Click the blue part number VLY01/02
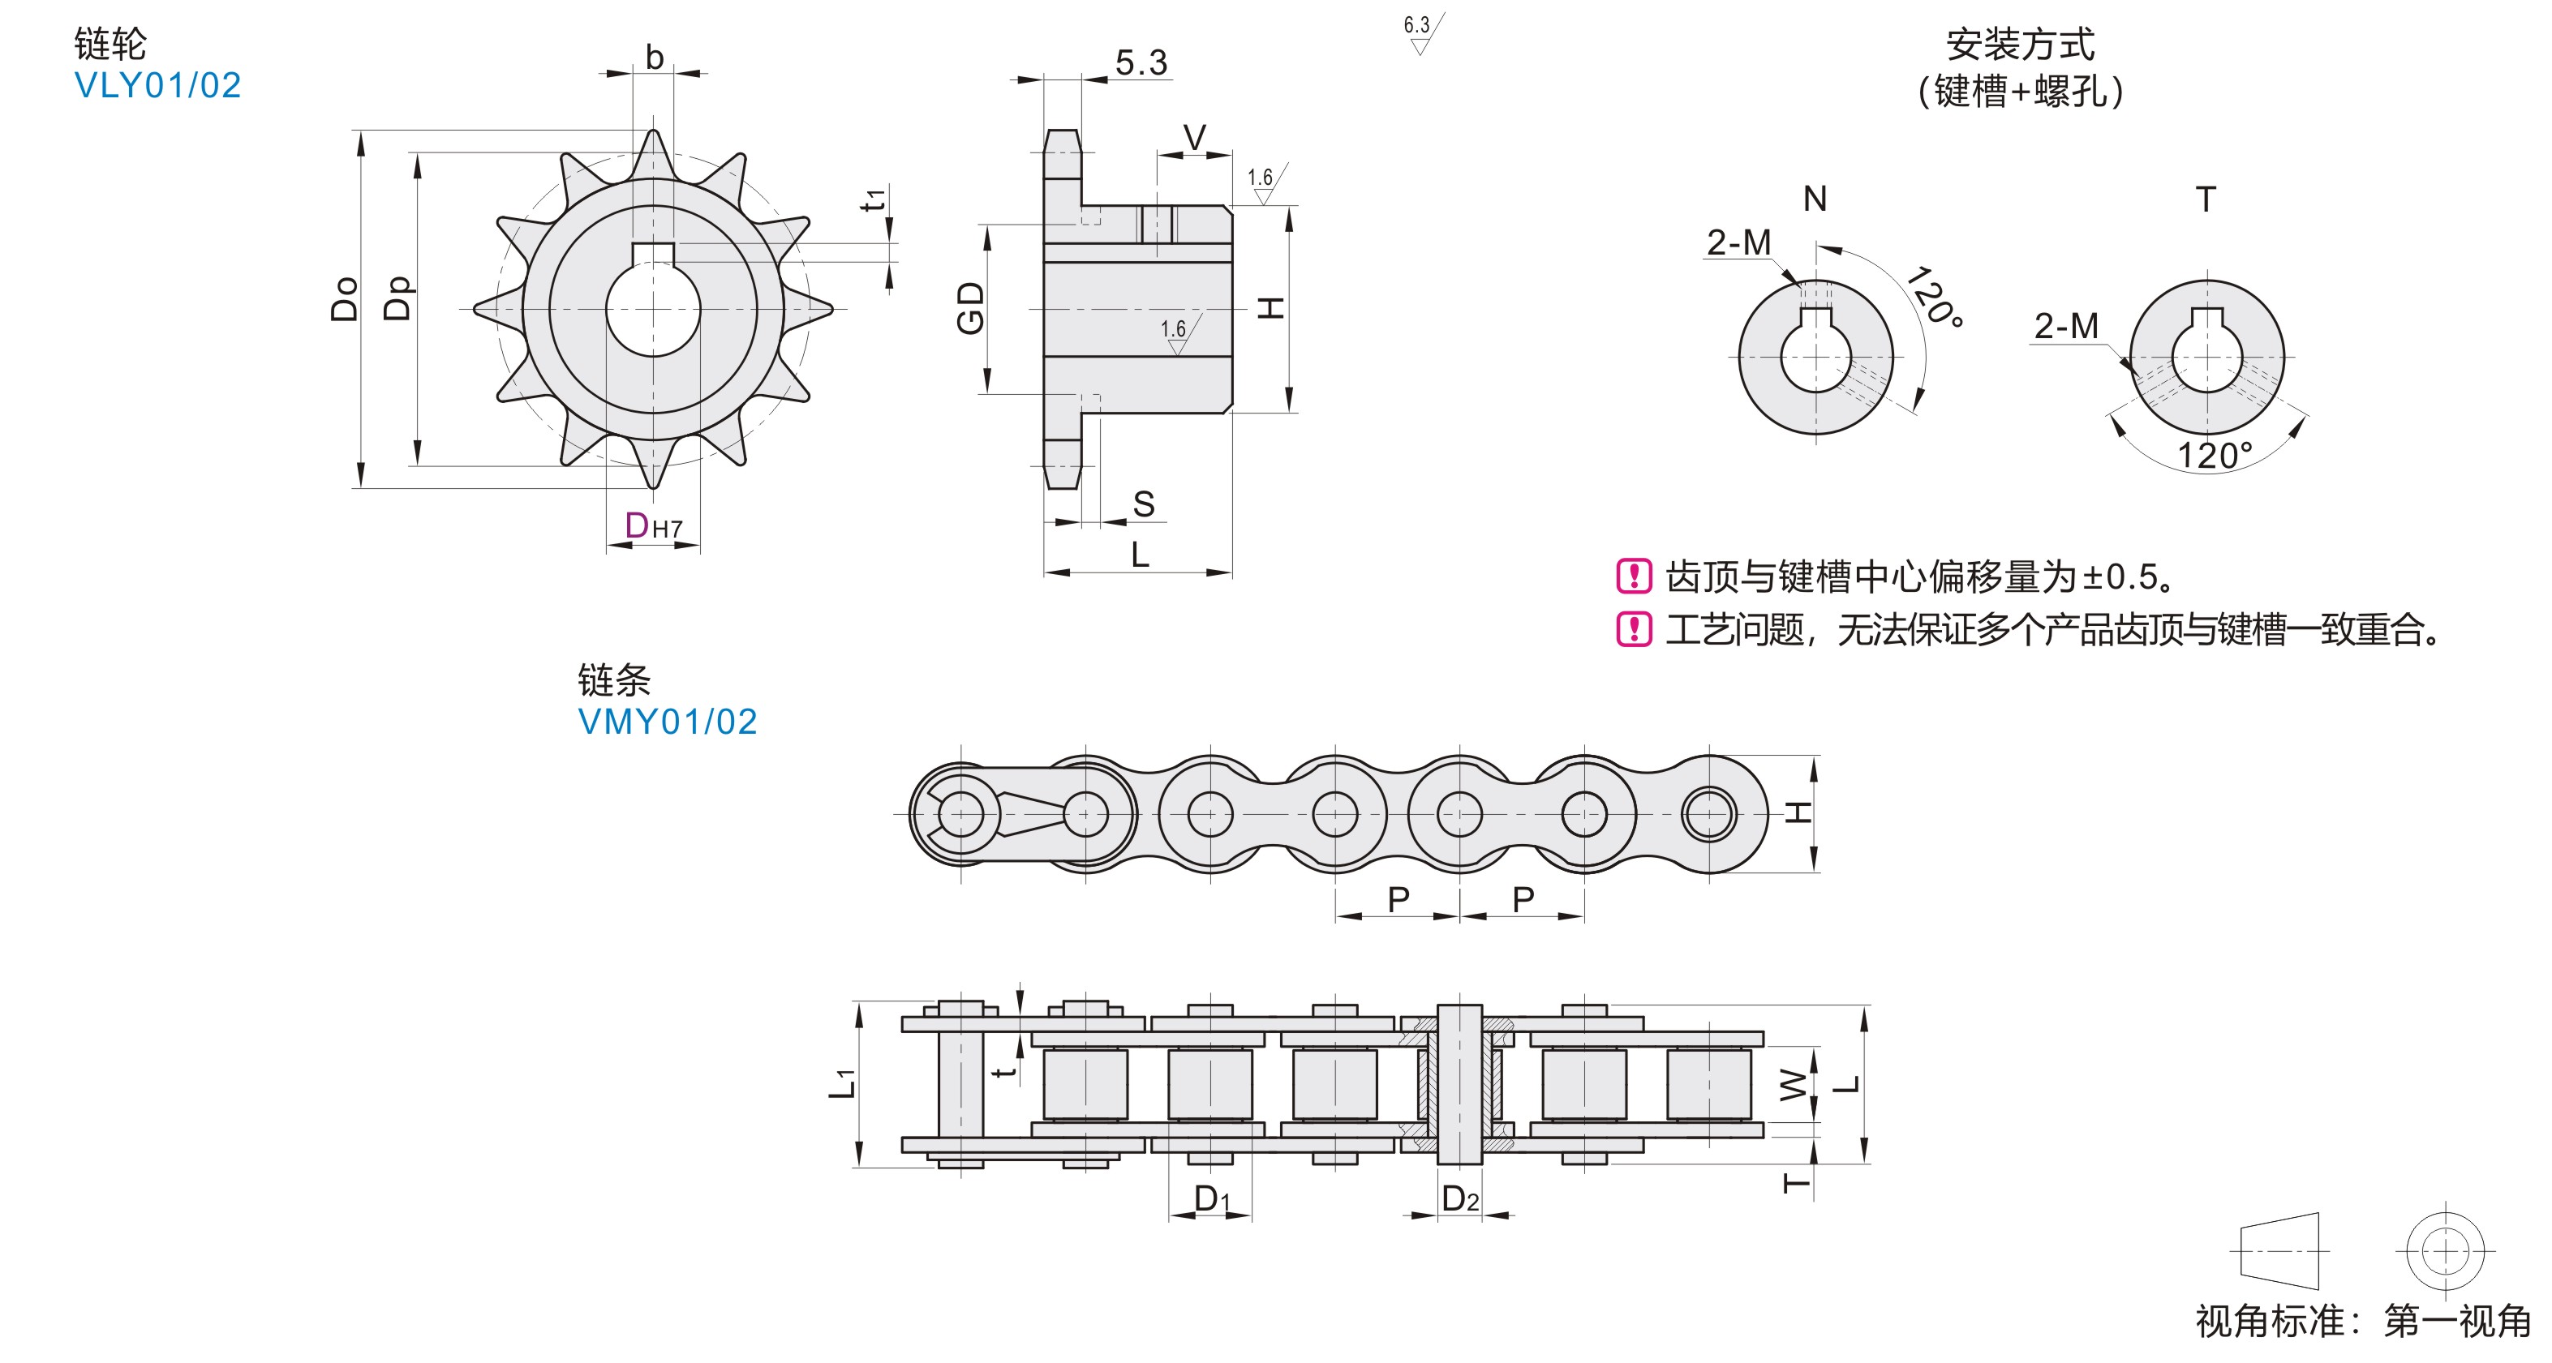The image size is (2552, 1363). tap(157, 85)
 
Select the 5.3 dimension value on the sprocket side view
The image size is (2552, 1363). tap(1141, 62)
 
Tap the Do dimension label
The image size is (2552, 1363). tap(344, 299)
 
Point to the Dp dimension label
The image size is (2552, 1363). tap(397, 298)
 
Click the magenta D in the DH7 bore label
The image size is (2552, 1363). tap(636, 525)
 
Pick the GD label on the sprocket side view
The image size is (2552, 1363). tap(971, 308)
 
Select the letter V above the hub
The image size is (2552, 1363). tap(1195, 138)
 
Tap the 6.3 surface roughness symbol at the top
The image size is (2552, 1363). tap(1423, 32)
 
